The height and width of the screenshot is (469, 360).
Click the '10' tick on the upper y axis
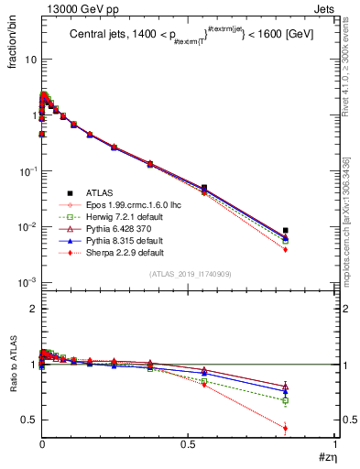point(28,60)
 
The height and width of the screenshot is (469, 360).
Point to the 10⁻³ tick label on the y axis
point(27,283)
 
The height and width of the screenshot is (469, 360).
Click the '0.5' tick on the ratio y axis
point(28,420)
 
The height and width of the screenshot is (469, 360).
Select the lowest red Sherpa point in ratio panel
point(286,428)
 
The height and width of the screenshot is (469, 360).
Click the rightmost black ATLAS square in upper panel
point(286,231)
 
